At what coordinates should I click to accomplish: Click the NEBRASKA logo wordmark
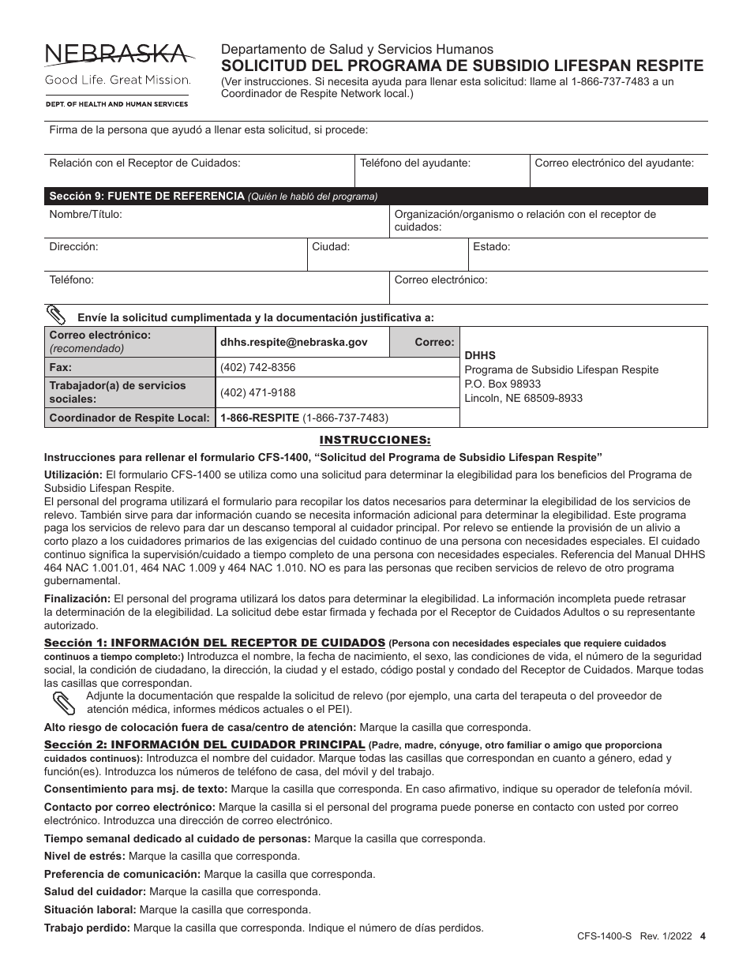pyautogui.click(x=117, y=54)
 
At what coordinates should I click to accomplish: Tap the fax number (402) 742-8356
pyautogui.click(x=257, y=367)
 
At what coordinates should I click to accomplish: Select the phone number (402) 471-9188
pyautogui.click(x=257, y=392)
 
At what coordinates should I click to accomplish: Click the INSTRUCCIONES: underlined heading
pyautogui.click(x=375, y=440)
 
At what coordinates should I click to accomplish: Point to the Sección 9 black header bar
pyautogui.click(x=376, y=197)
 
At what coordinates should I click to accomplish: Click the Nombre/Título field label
pyautogui.click(x=85, y=214)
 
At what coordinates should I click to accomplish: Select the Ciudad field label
pyautogui.click(x=331, y=246)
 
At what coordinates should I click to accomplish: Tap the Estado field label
pyautogui.click(x=491, y=246)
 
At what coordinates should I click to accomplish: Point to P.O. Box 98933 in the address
pyautogui.click(x=502, y=384)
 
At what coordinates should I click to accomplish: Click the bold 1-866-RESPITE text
pyautogui.click(x=259, y=418)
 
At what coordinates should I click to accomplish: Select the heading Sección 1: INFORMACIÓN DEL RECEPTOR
pyautogui.click(x=215, y=643)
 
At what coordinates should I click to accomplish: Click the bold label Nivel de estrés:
pyautogui.click(x=84, y=856)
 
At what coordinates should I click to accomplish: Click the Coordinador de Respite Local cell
pyautogui.click(x=129, y=418)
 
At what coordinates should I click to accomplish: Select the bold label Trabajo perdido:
pyautogui.click(x=88, y=928)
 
